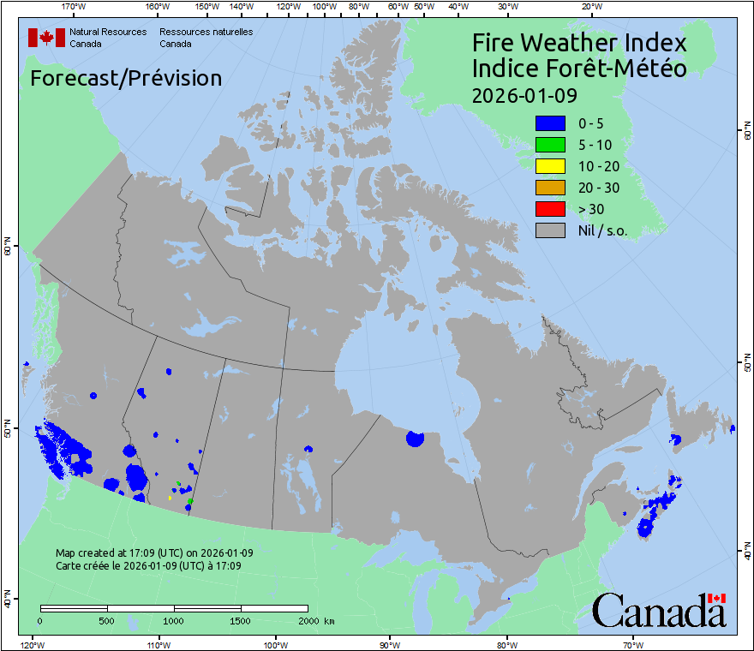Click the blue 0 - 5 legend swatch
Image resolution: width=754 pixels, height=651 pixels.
point(550,123)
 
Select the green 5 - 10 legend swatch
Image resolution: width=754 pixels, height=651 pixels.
point(550,145)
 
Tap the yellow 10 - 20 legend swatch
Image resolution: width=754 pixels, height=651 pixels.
point(550,166)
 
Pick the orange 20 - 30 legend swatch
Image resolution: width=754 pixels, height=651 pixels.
point(550,188)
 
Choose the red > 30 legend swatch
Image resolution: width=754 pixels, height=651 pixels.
point(550,209)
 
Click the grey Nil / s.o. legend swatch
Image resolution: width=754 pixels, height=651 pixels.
point(550,230)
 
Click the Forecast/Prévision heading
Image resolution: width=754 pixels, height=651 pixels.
point(126,78)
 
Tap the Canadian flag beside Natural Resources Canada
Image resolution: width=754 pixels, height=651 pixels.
point(46,38)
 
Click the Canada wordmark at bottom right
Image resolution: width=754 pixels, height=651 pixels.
point(659,610)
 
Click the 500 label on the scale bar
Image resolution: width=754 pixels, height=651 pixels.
point(107,620)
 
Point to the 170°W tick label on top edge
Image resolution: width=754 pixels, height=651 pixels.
point(75,7)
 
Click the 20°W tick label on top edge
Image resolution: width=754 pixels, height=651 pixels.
point(589,7)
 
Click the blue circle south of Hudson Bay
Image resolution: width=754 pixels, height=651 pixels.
point(415,439)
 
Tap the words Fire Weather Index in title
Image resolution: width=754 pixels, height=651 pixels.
point(579,43)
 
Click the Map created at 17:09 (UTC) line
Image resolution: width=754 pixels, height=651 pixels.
point(154,552)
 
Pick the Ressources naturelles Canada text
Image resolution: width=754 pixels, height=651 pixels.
point(206,38)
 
